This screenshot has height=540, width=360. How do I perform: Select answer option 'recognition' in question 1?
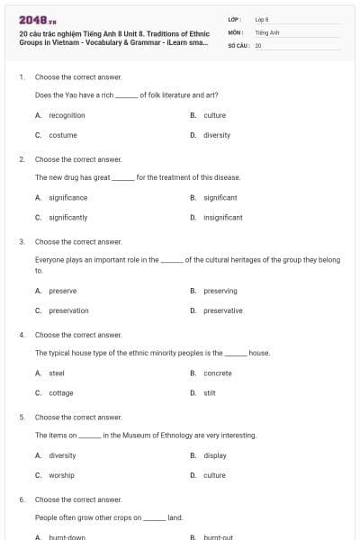pos(67,115)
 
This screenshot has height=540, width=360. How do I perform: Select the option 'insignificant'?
pos(220,217)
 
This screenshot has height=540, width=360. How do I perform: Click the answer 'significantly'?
pos(67,217)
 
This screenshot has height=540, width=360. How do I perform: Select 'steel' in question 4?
pos(56,373)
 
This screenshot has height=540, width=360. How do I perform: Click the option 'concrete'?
pos(218,373)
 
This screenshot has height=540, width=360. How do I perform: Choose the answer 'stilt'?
pos(210,392)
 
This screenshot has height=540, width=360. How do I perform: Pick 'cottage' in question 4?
pos(61,392)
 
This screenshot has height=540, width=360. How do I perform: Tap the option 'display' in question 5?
pos(215,455)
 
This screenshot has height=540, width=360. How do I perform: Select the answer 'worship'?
pos(61,475)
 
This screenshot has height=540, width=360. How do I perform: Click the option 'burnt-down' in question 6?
pos(67,537)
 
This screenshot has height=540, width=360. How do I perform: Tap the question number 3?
pos(22,241)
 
